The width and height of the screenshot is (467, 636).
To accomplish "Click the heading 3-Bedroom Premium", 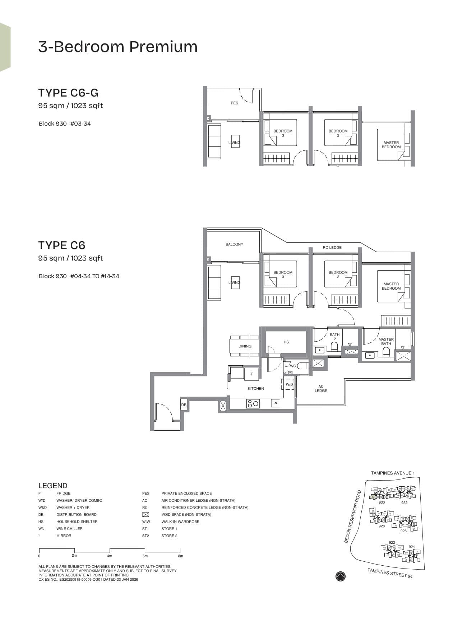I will (x=118, y=47).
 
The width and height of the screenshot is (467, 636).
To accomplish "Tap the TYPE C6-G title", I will (x=68, y=93).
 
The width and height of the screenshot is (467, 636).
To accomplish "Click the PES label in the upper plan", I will (x=234, y=103).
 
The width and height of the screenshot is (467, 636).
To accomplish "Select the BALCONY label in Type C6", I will (x=234, y=244).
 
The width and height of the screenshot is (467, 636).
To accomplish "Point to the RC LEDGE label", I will (x=332, y=248).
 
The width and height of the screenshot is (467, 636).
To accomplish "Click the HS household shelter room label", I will (x=286, y=342).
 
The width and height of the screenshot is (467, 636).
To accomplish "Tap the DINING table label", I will (x=245, y=346).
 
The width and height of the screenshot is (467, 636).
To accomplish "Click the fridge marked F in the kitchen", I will (x=252, y=374).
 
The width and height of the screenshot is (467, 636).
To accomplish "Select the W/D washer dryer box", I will (x=290, y=384).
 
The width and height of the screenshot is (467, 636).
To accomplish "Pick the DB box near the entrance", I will (x=184, y=405).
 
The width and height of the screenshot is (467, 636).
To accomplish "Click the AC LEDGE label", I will (x=321, y=389).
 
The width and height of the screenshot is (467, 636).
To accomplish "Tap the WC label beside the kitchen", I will (x=293, y=366).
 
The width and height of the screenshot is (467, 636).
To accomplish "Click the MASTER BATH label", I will (x=386, y=341).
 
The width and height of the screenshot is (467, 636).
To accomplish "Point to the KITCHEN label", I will (x=256, y=389).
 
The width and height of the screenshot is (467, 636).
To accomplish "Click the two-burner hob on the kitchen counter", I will (x=253, y=403).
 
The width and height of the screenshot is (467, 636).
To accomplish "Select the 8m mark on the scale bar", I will (x=180, y=556).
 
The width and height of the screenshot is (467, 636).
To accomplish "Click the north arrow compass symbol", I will (x=341, y=576).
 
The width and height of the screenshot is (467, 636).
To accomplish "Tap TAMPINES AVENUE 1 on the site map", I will (x=393, y=473).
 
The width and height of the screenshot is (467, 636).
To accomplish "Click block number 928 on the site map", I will (x=382, y=526).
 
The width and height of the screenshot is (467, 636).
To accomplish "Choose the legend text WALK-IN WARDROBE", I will (x=180, y=522).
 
